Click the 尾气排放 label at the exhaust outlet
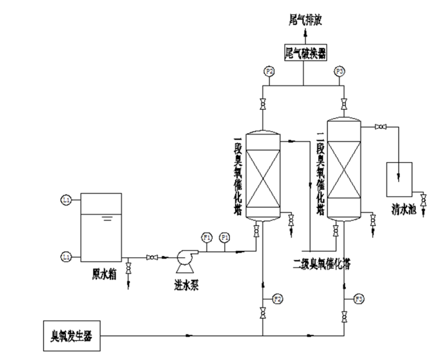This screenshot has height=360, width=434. [x=304, y=19]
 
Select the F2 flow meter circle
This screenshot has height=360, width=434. [x=277, y=298]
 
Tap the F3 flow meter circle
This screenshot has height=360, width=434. [x=358, y=298]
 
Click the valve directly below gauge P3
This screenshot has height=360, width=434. [x=344, y=103]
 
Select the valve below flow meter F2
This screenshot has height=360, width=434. [x=263, y=315]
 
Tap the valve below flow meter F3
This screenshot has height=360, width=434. [x=344, y=317]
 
